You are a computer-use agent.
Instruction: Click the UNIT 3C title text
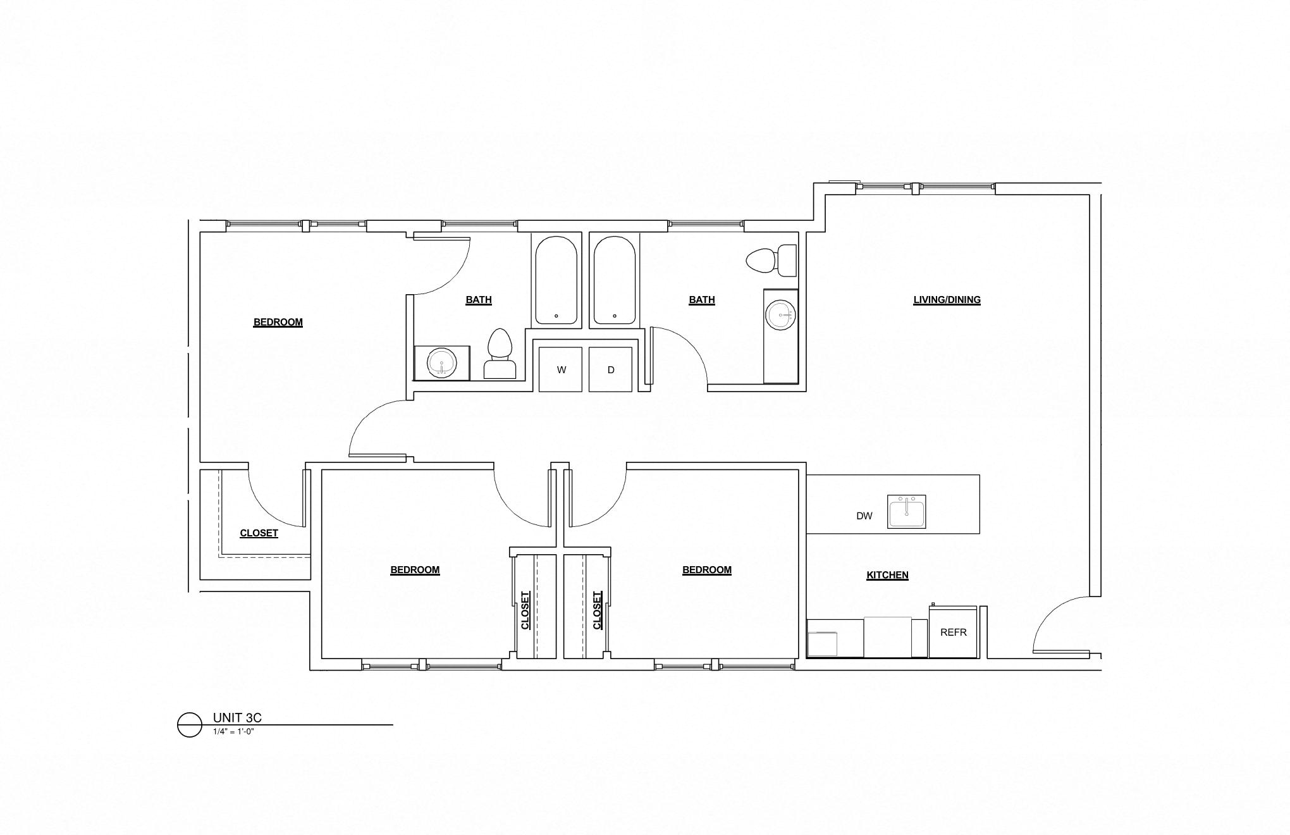click(x=237, y=717)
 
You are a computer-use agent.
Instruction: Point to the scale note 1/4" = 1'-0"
click(x=233, y=732)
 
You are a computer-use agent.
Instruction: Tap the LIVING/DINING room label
click(x=947, y=300)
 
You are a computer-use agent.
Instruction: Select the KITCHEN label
click(x=887, y=575)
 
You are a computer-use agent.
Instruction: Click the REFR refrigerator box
click(x=953, y=632)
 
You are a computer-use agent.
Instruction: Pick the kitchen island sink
click(x=906, y=511)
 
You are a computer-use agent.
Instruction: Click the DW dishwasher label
click(x=864, y=516)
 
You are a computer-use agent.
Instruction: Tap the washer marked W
click(x=561, y=369)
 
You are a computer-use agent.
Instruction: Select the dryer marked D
click(x=611, y=369)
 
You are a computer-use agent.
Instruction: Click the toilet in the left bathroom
click(x=500, y=354)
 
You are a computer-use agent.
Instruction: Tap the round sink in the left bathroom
click(x=441, y=364)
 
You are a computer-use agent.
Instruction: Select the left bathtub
click(x=556, y=280)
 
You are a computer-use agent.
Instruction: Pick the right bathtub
click(x=614, y=280)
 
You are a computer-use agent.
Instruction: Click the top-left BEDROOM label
click(x=278, y=322)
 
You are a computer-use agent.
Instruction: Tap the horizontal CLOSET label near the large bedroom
click(x=259, y=533)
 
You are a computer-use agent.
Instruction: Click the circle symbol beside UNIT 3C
click(x=189, y=725)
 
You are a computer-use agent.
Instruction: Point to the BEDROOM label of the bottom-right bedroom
click(x=706, y=570)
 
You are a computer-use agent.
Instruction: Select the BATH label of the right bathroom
click(x=702, y=300)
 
